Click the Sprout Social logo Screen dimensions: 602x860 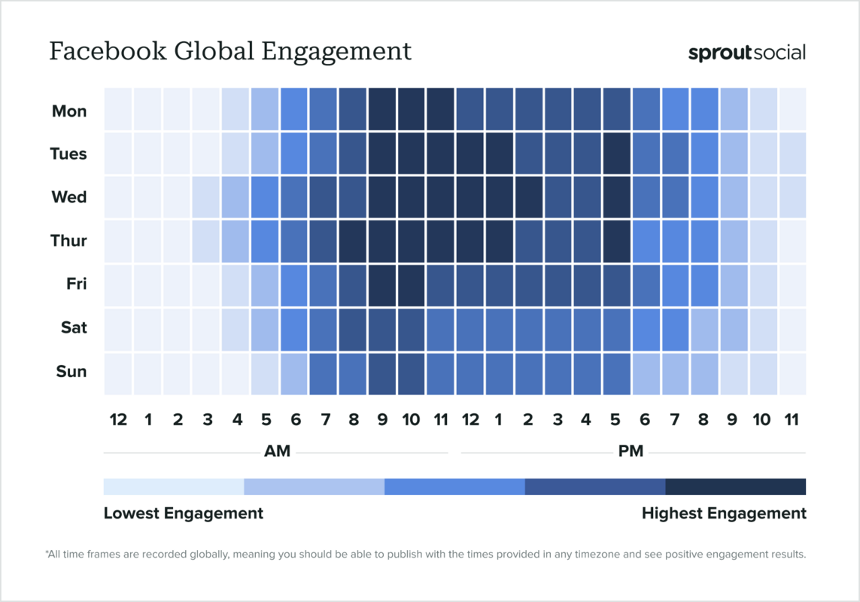746,53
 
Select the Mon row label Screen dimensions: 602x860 69,111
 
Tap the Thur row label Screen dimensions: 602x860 68,241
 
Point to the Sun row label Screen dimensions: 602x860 71,371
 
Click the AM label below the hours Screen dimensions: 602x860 277,451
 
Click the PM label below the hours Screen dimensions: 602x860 631,451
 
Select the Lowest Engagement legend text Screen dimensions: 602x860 184,513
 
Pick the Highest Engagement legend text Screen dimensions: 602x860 724,513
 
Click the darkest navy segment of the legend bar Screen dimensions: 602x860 735,486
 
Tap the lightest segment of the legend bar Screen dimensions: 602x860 174,486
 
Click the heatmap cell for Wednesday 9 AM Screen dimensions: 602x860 382,197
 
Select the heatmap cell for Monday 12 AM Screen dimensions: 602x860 118,110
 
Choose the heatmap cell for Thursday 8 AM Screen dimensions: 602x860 353,241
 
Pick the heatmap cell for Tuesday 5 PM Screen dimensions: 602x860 616,154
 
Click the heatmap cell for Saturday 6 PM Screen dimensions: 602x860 646,327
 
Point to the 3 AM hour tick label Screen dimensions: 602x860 207,420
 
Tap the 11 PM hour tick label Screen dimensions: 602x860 792,420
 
